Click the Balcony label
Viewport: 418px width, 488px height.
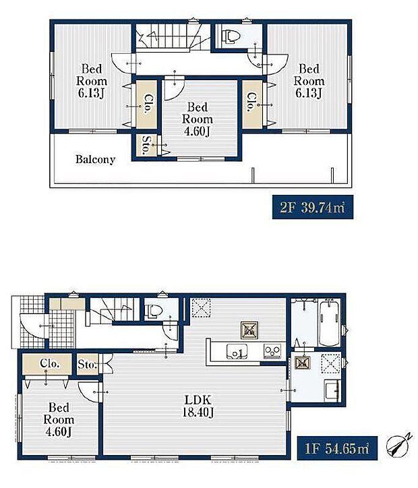(x=95, y=159)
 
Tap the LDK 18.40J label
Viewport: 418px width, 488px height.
(x=198, y=406)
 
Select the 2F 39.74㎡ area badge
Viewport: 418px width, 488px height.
(x=312, y=207)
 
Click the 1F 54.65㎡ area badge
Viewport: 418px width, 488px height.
(x=337, y=448)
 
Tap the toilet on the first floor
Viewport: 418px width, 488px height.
(x=154, y=311)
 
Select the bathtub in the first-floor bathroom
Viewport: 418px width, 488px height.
(x=329, y=322)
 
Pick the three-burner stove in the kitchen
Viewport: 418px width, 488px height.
(x=272, y=351)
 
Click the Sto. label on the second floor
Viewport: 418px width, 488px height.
(x=146, y=146)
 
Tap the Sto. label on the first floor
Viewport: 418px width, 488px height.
(x=87, y=364)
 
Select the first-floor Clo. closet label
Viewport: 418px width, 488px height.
(x=49, y=363)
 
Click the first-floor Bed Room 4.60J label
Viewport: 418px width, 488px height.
(x=59, y=419)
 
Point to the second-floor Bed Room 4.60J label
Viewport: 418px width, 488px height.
(x=198, y=119)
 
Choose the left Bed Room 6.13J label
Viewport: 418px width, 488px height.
(x=92, y=81)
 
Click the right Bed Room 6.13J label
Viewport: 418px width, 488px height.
(x=309, y=81)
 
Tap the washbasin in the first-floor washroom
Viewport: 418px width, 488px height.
(x=332, y=390)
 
